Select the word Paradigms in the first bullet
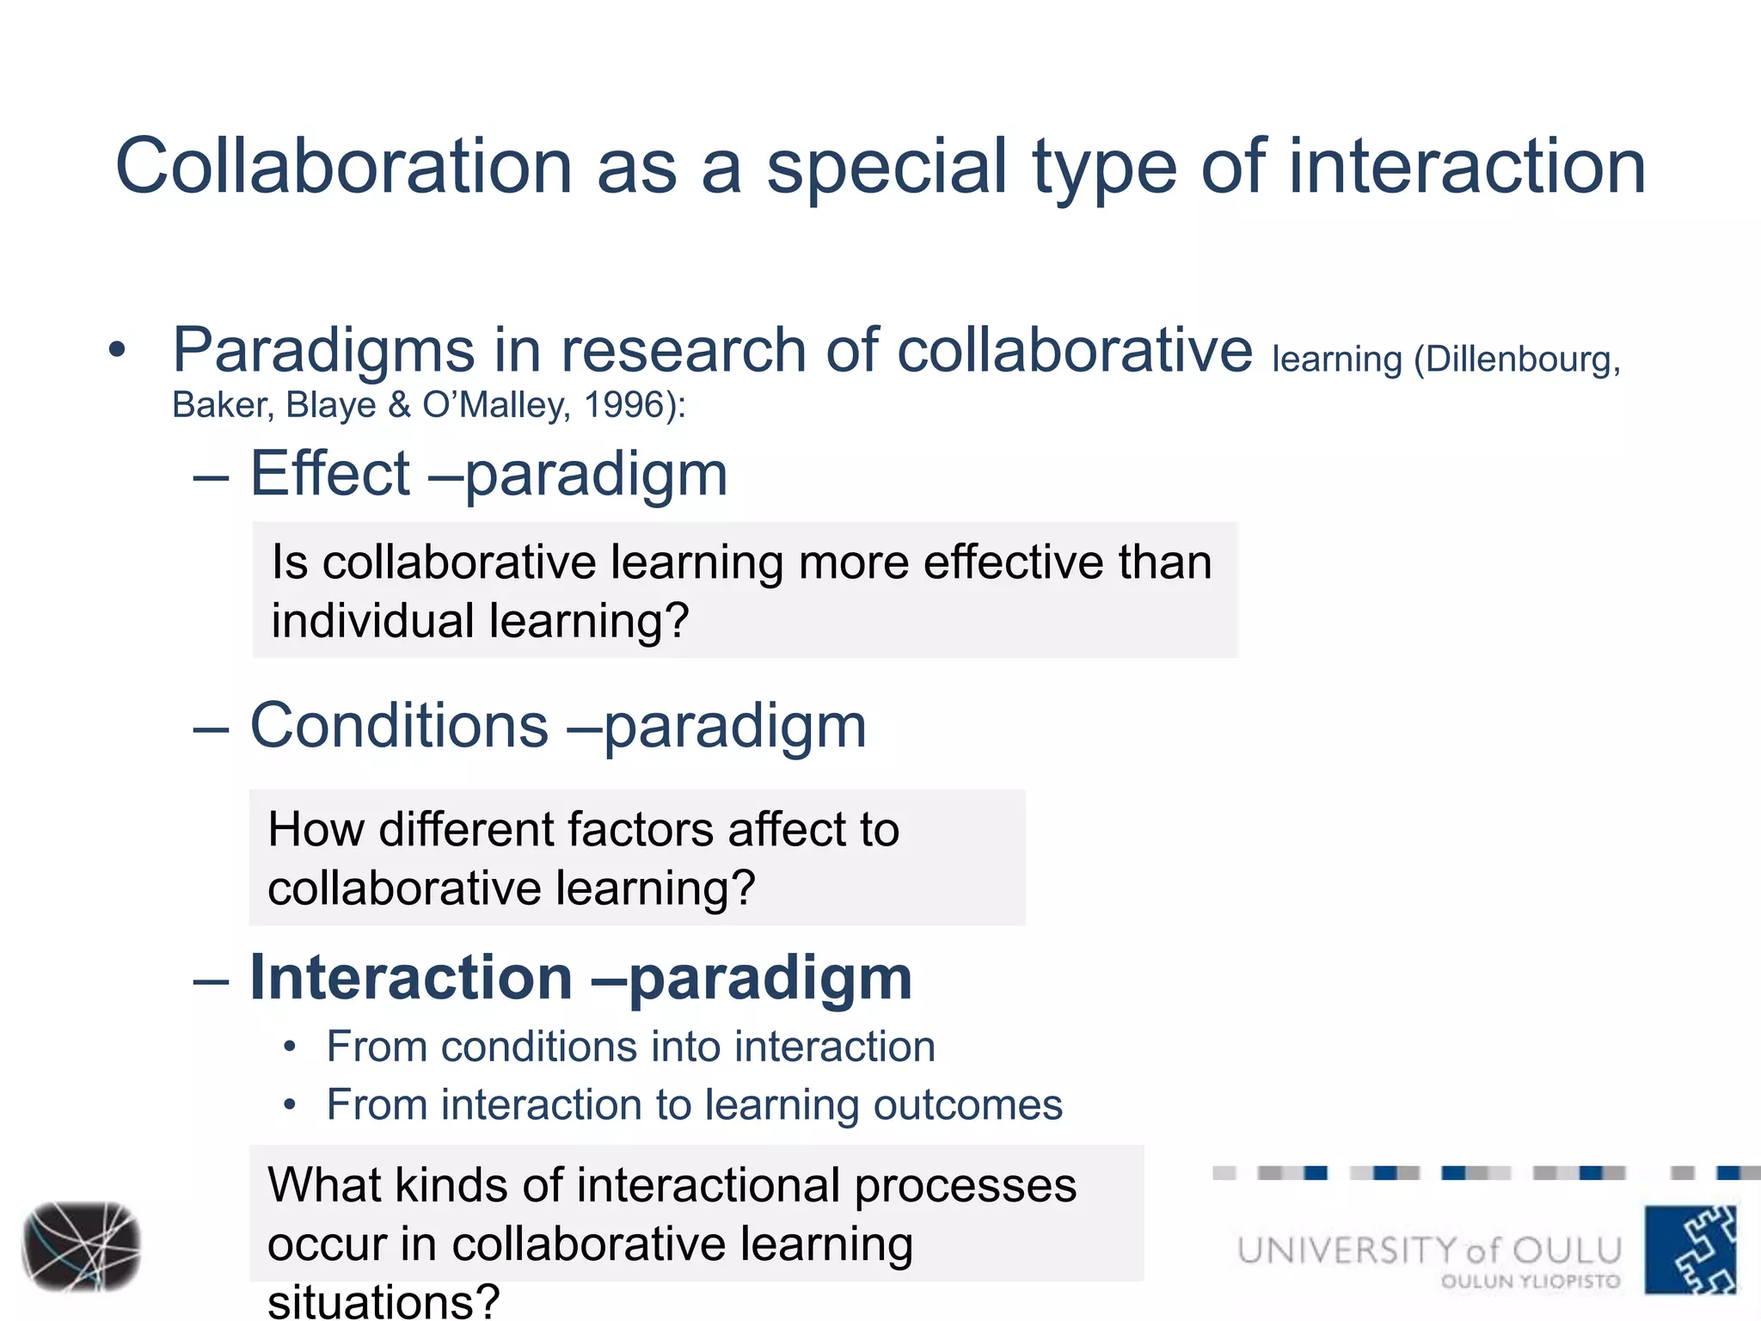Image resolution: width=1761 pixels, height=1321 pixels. [x=322, y=351]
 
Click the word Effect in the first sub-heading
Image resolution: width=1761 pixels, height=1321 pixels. [x=330, y=474]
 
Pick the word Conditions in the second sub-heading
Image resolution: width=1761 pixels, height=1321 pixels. [x=399, y=726]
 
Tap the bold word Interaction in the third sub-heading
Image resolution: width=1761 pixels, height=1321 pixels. [x=411, y=978]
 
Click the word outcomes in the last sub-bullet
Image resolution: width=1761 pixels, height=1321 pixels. [x=967, y=1104]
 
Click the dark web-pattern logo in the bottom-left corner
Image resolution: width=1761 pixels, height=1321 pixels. [x=81, y=1246]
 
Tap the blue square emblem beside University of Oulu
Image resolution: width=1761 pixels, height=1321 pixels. [x=1690, y=1250]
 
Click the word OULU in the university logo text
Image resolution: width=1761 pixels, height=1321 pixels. [x=1567, y=1250]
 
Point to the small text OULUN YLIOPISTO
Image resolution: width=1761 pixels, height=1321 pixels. [x=1530, y=1281]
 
